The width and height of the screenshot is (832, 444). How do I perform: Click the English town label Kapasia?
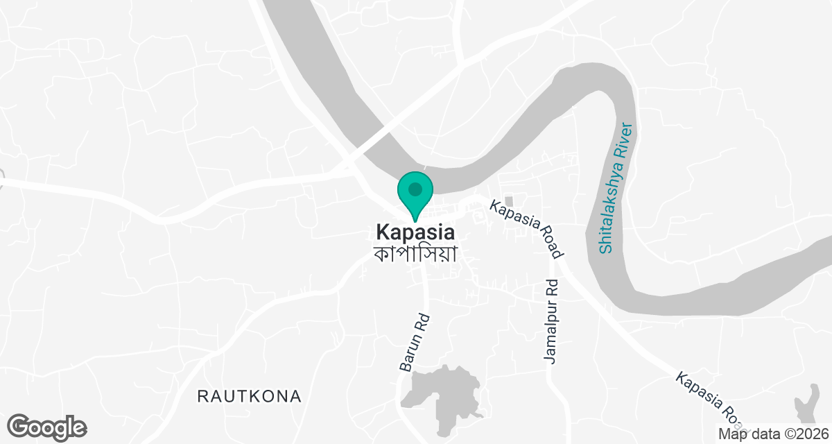point(415,232)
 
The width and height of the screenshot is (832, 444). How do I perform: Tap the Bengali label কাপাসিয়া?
point(415,253)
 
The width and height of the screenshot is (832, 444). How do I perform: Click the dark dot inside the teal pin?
point(415,189)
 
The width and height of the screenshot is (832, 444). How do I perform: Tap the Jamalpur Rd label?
point(551,321)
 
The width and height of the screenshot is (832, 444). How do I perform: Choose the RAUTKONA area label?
point(250,396)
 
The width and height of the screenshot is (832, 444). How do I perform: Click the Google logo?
point(47,427)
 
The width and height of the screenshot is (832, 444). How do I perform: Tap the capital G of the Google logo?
point(20,427)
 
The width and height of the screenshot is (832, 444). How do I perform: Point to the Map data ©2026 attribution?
point(773,434)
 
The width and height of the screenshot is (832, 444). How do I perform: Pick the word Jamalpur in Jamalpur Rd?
point(551,332)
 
